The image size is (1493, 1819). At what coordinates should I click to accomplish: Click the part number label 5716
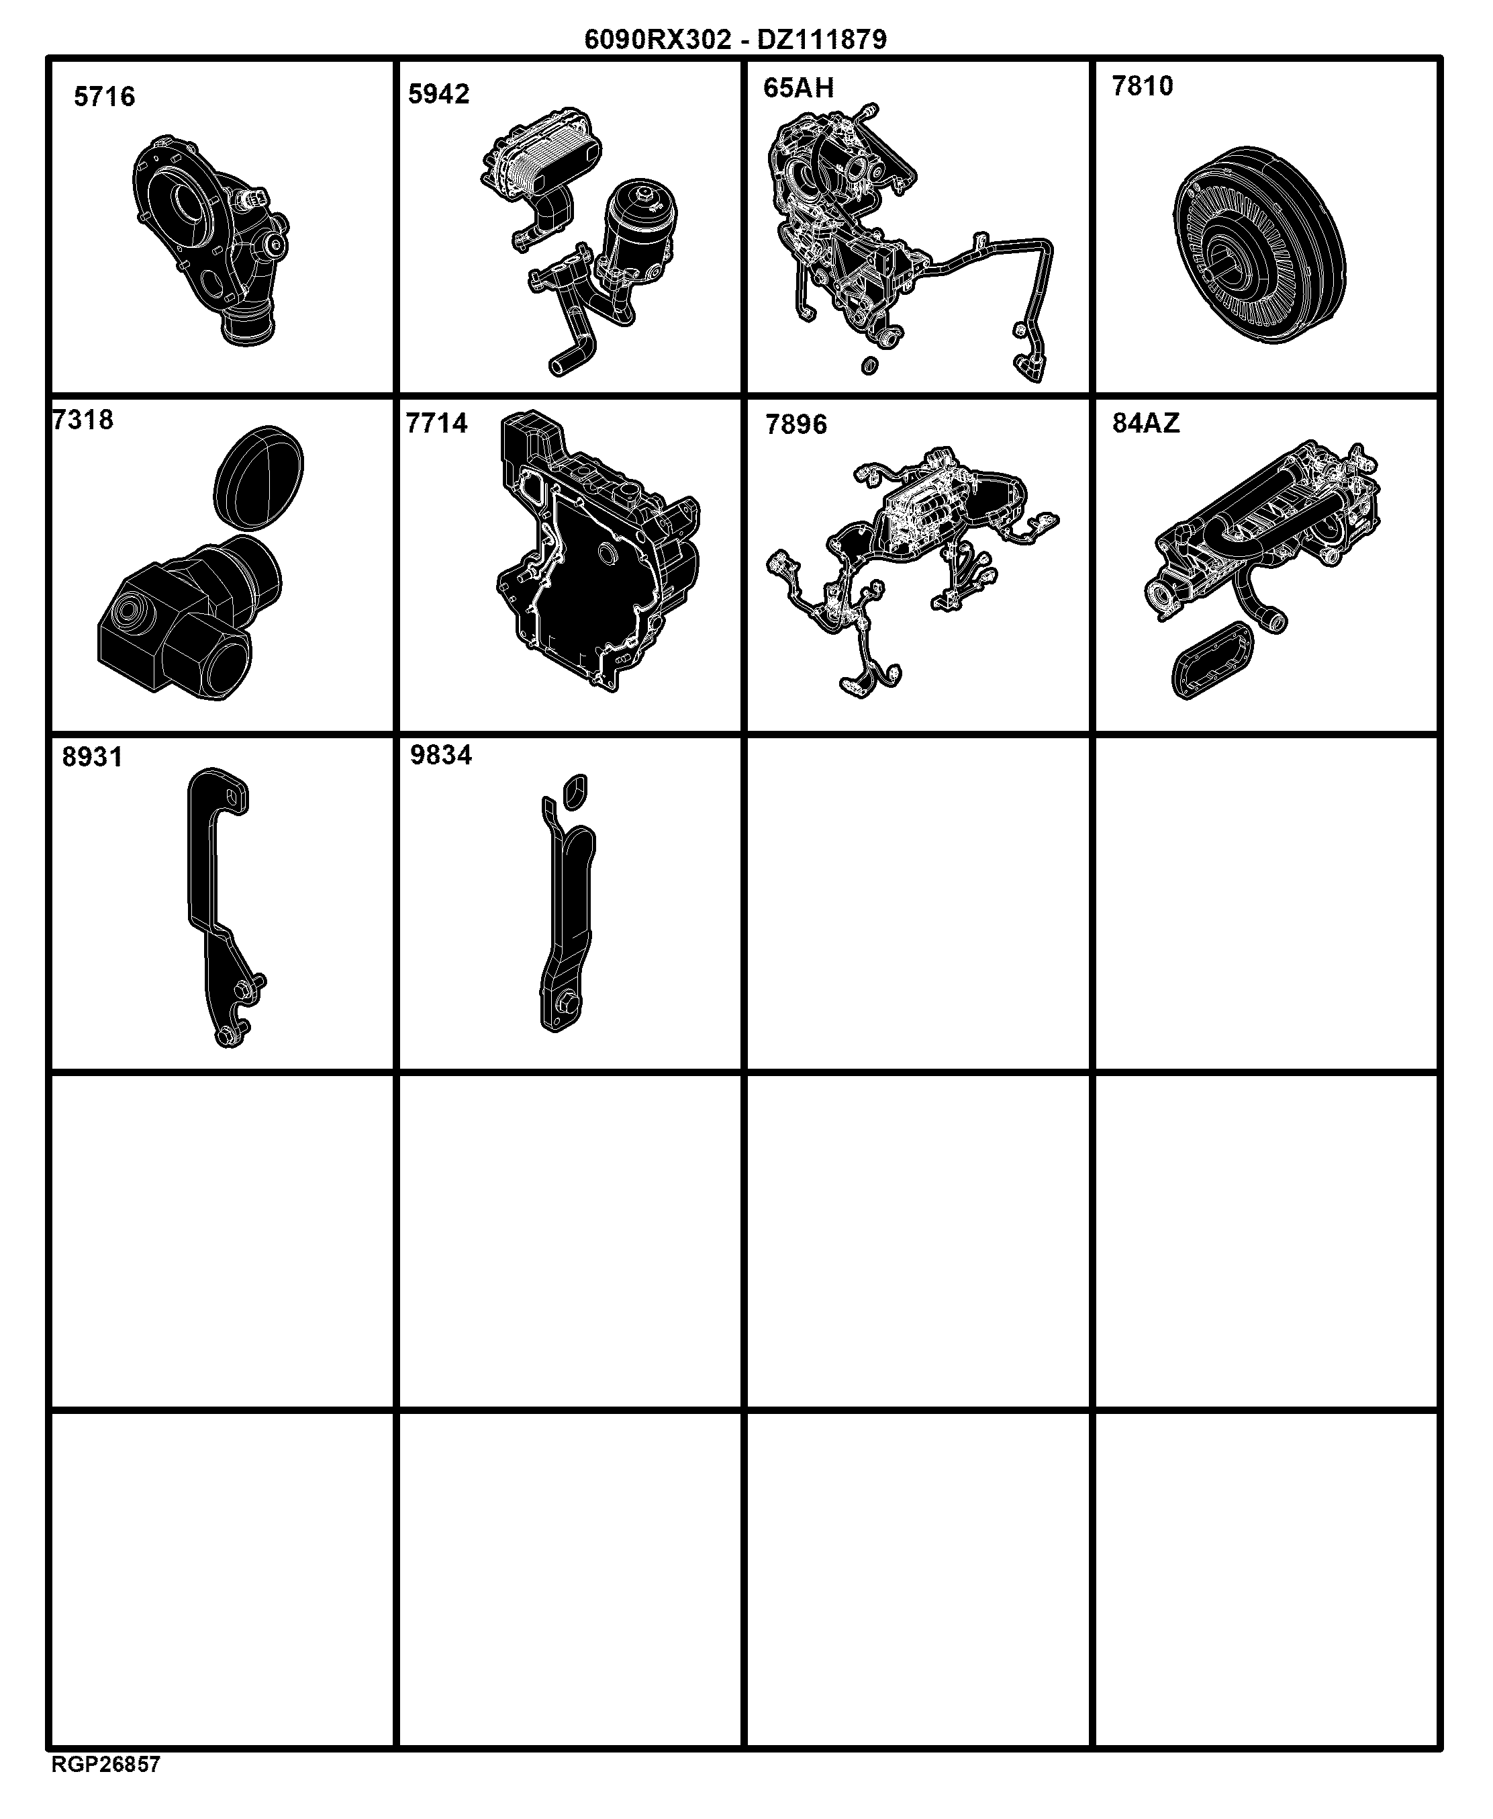pyautogui.click(x=104, y=96)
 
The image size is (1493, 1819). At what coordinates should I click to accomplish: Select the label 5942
pyautogui.click(x=438, y=94)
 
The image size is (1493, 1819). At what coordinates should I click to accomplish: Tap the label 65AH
pyautogui.click(x=798, y=88)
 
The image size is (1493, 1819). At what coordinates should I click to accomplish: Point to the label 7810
pyautogui.click(x=1142, y=86)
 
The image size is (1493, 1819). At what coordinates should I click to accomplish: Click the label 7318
pyautogui.click(x=83, y=420)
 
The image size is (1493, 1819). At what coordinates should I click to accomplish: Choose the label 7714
pyautogui.click(x=437, y=423)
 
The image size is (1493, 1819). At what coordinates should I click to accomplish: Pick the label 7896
pyautogui.click(x=796, y=425)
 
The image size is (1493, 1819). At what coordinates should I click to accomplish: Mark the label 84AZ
pyautogui.click(x=1145, y=423)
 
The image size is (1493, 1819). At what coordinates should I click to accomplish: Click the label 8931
pyautogui.click(x=92, y=757)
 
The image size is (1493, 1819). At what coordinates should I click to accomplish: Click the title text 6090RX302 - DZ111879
pyautogui.click(x=735, y=40)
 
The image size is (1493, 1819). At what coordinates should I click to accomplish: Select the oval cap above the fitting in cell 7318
pyautogui.click(x=258, y=477)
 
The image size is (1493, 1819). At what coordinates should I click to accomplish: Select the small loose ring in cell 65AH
pyautogui.click(x=869, y=365)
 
